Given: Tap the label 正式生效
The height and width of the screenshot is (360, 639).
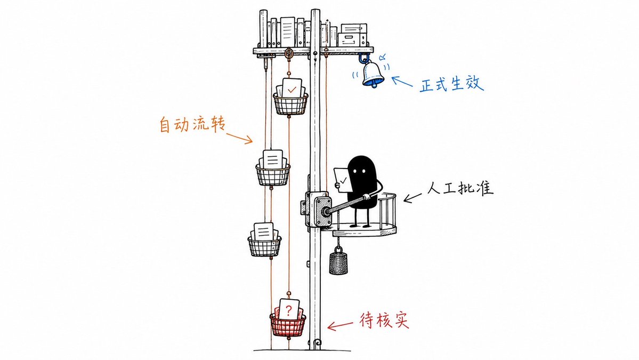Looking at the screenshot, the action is (451, 84).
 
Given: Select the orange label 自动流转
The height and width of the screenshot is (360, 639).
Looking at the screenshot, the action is (192, 124).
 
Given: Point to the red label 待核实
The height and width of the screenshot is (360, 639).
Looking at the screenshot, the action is (384, 321).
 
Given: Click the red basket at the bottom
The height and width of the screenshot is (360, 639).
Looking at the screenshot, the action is (288, 324).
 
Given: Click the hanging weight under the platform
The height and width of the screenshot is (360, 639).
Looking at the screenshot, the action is (338, 262).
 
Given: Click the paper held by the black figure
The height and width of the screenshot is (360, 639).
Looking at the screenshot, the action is (343, 180).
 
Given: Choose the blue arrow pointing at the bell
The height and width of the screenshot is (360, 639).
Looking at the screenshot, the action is (402, 81).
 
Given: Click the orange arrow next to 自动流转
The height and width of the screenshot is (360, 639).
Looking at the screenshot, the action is (240, 138).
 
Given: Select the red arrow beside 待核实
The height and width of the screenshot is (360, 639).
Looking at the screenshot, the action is (340, 325).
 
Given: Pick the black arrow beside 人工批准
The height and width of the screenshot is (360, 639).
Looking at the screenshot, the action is (412, 197).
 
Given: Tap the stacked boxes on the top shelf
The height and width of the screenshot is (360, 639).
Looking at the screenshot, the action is (353, 35).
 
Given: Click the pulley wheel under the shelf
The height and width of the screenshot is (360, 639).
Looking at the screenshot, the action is (289, 53).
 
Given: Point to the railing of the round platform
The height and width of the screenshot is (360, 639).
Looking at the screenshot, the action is (387, 210).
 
